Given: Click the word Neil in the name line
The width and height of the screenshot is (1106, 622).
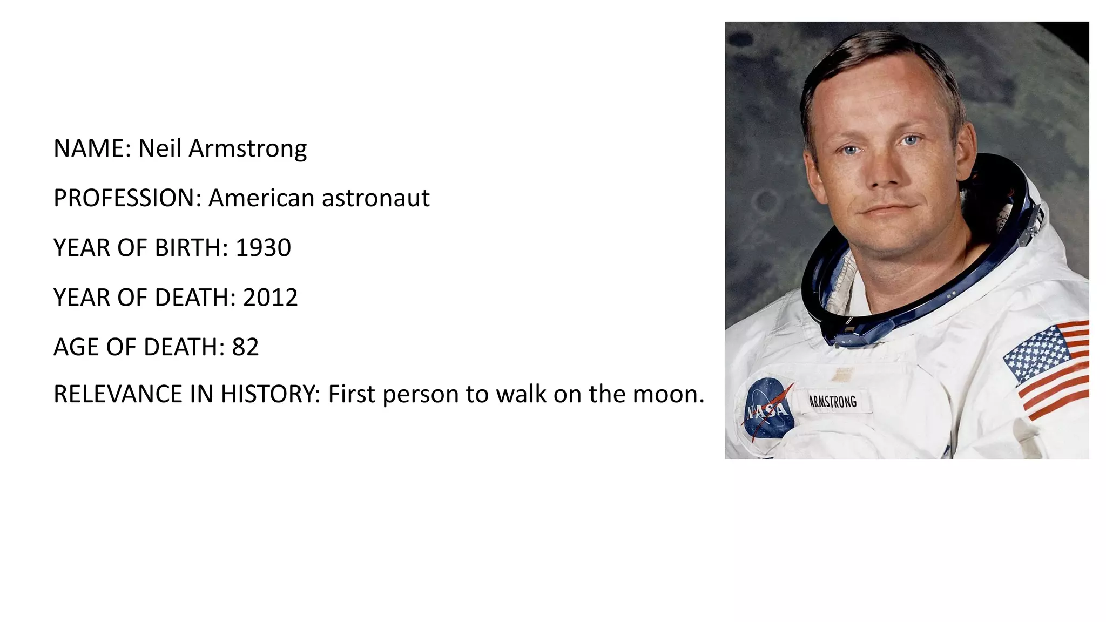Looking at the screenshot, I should pos(159,148).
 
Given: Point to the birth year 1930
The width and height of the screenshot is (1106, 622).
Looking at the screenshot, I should pos(263,248).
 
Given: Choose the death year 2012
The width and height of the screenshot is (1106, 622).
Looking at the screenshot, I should pos(270,298).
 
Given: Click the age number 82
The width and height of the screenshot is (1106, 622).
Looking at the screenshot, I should pos(245,347).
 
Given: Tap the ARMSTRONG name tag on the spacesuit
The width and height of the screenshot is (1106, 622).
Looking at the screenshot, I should pos(833,402).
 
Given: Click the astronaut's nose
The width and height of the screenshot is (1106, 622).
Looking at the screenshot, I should pos(885,173).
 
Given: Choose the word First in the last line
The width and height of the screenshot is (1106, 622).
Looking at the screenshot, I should pos(351,394).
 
